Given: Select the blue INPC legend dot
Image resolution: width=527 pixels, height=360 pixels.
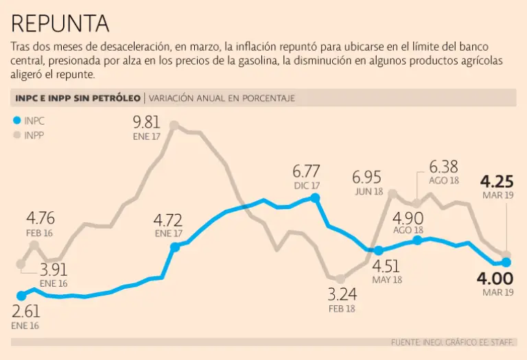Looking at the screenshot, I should click(18, 120).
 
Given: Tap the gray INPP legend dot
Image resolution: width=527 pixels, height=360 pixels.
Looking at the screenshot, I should click(18, 135).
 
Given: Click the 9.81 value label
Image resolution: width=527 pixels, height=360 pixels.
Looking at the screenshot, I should click(148, 122).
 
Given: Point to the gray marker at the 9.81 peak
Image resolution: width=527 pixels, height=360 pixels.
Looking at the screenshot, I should click(174, 125).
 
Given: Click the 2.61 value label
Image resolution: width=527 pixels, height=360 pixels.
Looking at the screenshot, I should click(26, 312).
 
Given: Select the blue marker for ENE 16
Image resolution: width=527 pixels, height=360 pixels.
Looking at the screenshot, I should click(21, 296).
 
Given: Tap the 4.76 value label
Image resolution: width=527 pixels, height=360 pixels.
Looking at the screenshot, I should click(40, 219).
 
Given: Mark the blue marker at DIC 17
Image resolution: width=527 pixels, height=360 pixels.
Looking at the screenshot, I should click(315, 197).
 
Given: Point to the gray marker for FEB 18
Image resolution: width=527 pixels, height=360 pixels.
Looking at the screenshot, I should click(340, 278).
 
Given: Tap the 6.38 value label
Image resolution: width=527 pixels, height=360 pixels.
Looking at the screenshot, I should click(444, 167).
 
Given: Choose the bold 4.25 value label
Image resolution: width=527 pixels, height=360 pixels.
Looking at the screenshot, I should click(497, 182).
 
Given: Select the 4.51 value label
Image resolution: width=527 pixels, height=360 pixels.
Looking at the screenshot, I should click(386, 266).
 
